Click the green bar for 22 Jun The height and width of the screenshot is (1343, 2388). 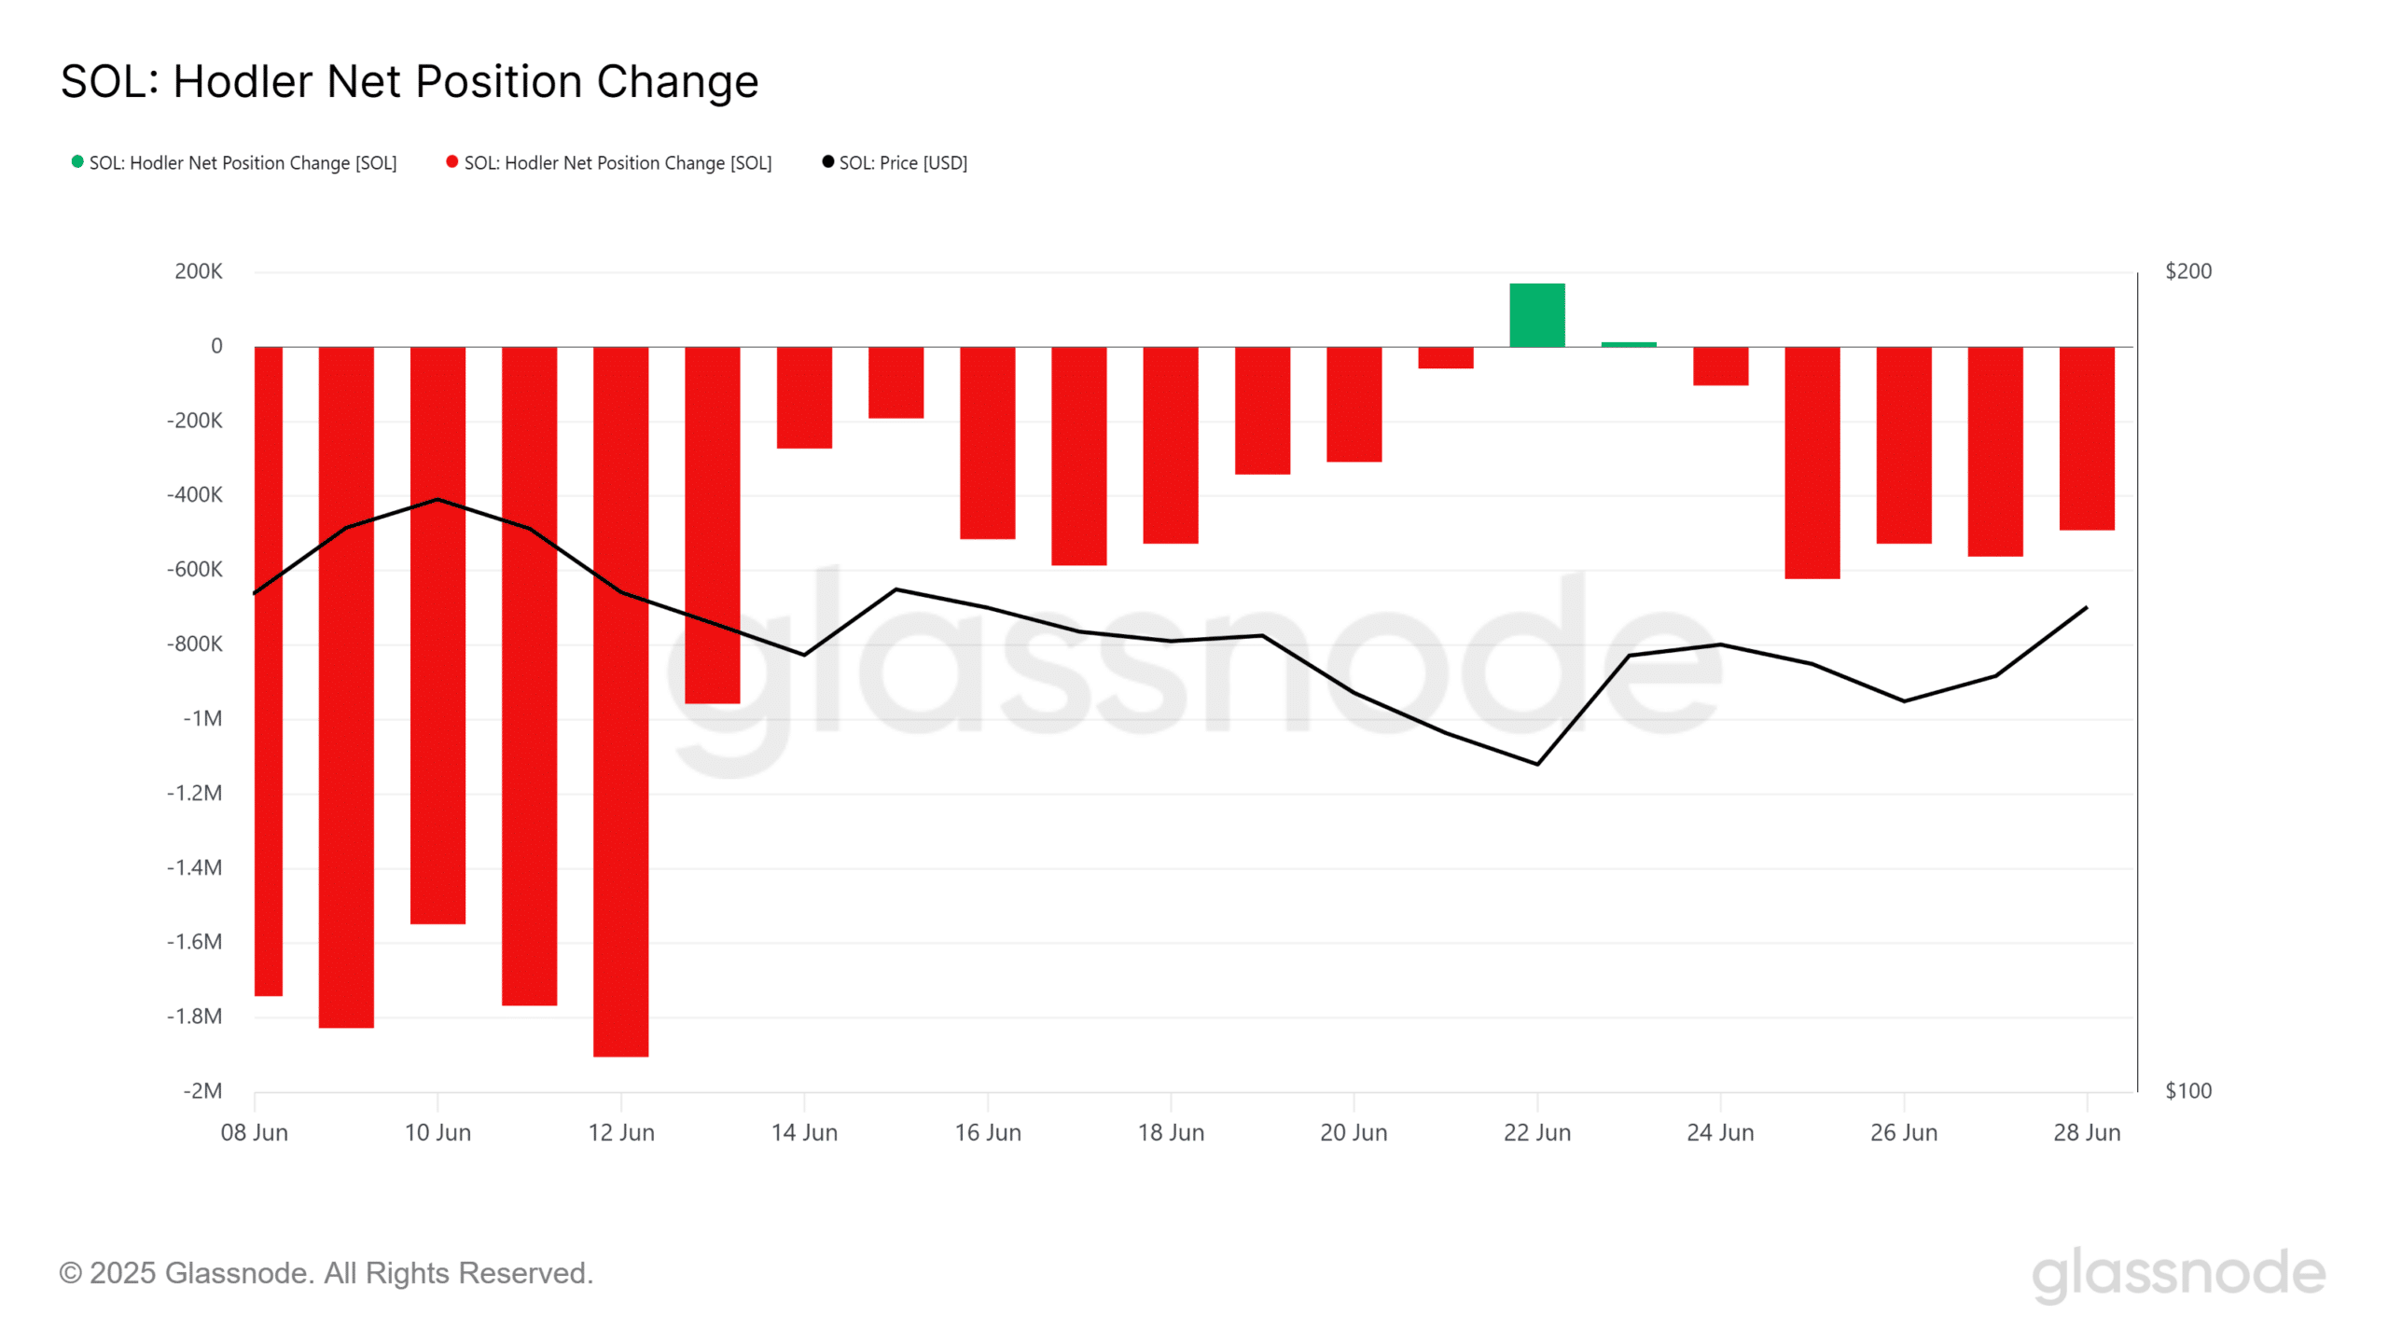(1536, 315)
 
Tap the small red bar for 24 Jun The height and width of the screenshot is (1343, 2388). (1720, 366)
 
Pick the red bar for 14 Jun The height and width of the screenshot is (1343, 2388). (804, 397)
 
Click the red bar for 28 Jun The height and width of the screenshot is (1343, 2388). (2087, 438)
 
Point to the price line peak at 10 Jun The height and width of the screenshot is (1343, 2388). (437, 500)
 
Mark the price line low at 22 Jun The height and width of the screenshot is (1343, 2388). (1537, 764)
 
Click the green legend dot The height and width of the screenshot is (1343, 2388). (77, 162)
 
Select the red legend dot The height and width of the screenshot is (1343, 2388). (452, 162)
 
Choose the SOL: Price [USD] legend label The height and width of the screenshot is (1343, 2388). (903, 163)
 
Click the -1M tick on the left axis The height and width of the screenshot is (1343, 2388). (202, 719)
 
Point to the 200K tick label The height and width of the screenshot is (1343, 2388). (199, 271)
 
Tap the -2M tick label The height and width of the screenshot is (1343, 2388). (202, 1091)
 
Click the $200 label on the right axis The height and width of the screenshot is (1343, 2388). (2187, 271)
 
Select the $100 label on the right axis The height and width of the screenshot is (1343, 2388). (2187, 1091)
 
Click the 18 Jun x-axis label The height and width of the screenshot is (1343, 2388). (1171, 1133)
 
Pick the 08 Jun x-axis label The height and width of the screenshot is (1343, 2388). (255, 1133)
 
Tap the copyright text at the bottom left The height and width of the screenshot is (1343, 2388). (326, 1273)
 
